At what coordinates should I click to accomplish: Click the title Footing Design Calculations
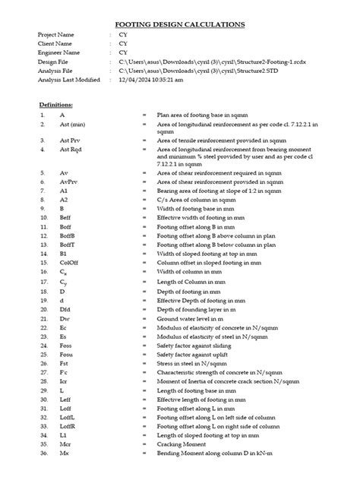179,24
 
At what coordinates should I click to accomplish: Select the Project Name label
58,36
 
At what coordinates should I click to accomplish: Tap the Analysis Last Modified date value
150,77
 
